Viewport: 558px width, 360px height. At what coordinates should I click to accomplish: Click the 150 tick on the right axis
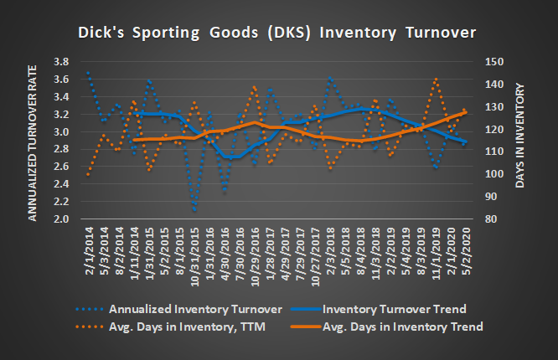[x=494, y=62]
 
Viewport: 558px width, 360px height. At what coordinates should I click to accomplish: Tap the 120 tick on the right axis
[x=494, y=130]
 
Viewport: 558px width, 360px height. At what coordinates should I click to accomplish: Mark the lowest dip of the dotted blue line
[x=194, y=210]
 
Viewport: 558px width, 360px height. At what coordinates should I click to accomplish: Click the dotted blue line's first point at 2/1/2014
[x=88, y=71]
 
